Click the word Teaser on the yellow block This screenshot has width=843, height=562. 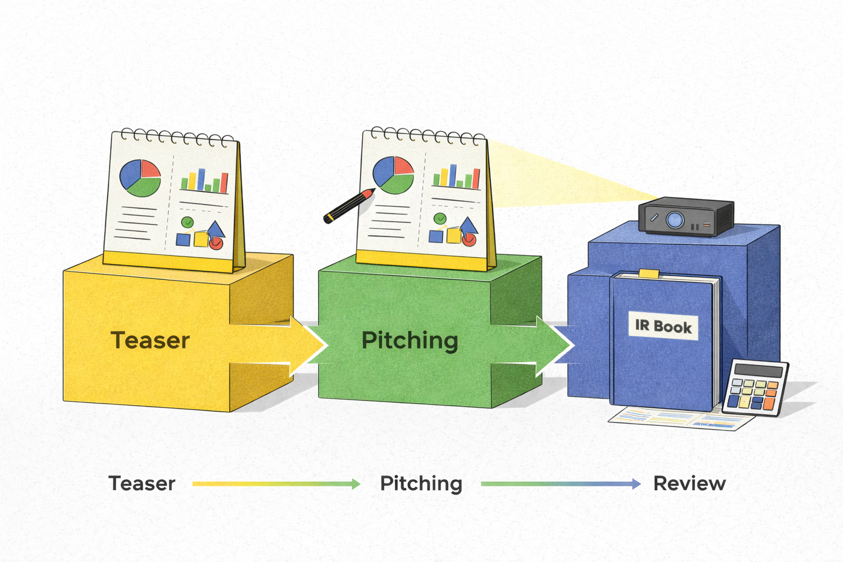click(150, 340)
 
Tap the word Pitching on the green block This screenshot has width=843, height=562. click(409, 341)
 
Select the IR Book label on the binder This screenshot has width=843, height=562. click(663, 327)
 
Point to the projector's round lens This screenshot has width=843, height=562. click(675, 220)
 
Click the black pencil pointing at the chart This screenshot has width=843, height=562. click(349, 206)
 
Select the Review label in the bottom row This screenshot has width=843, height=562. click(689, 484)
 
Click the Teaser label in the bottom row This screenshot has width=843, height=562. click(142, 484)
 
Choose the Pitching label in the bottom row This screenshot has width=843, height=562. click(421, 484)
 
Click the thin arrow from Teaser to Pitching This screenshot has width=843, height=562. click(276, 484)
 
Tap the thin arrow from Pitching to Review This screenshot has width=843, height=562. click(560, 484)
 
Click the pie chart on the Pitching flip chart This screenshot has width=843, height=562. click(393, 175)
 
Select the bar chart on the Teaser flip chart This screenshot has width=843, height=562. click(204, 181)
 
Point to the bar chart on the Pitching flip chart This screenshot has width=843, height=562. click(456, 177)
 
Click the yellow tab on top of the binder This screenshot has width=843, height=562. click(649, 273)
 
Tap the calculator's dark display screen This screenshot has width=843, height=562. click(758, 371)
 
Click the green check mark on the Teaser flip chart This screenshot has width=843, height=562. click(188, 222)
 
